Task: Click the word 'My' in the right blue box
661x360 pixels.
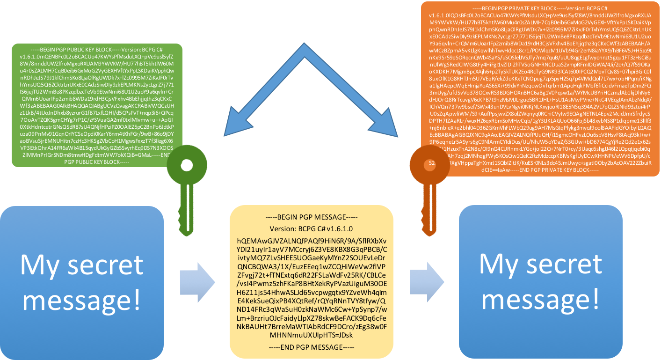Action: point(497,264)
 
